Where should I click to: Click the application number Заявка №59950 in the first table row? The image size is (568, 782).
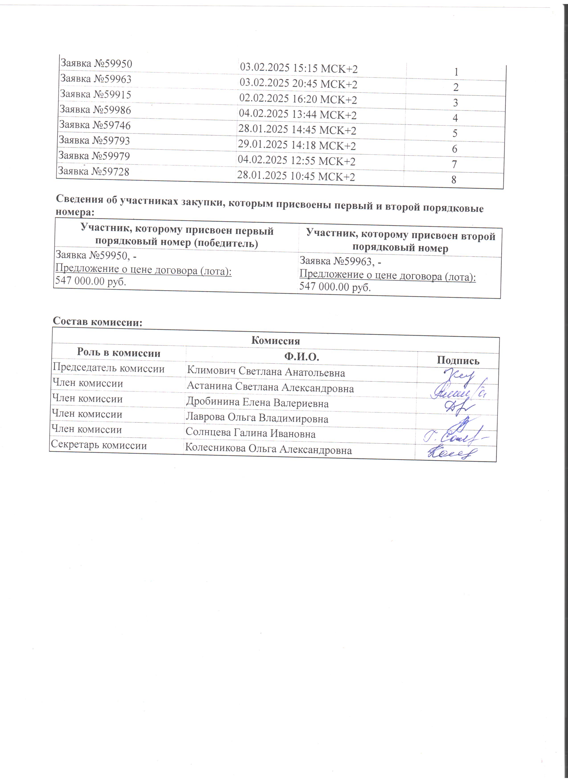(x=96, y=64)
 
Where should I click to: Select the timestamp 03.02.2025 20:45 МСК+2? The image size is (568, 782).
(x=298, y=84)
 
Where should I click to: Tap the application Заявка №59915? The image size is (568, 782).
(x=95, y=94)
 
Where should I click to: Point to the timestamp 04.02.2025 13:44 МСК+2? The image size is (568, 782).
(x=298, y=115)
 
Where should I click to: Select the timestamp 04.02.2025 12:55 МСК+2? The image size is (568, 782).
(x=296, y=161)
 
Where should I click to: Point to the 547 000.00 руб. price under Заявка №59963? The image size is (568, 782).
(x=335, y=287)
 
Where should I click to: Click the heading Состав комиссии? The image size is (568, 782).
(x=98, y=322)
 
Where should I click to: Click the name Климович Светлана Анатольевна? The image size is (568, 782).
(x=266, y=372)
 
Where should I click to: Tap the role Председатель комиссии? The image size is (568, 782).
(x=108, y=368)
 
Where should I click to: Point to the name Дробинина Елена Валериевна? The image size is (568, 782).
(x=257, y=403)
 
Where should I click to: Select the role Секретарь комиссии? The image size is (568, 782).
(x=99, y=445)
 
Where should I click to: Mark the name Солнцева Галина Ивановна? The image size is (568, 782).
(x=250, y=433)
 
